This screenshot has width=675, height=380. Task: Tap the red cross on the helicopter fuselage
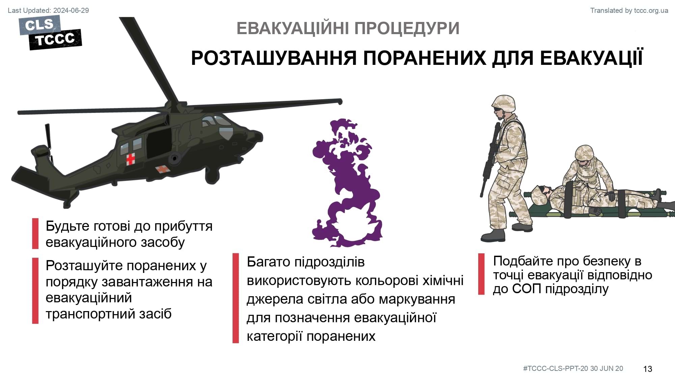pos(131,159)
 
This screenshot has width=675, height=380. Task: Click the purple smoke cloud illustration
pos(346,183)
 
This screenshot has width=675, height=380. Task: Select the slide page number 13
pos(647,369)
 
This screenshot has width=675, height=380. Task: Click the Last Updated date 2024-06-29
pos(71,10)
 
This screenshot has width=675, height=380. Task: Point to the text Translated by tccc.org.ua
pos(629,10)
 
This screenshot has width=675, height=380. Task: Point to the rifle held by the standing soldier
pos(489,159)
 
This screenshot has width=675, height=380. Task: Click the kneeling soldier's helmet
pos(584,153)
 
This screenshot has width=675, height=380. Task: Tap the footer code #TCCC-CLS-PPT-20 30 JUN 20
pos(573,369)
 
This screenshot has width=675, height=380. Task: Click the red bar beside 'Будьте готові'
pos(35,234)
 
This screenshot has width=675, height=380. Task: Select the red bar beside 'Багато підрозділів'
pos(236,298)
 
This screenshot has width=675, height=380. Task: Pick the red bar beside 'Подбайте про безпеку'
pos(481,274)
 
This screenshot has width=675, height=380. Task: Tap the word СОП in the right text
pos(526,289)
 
